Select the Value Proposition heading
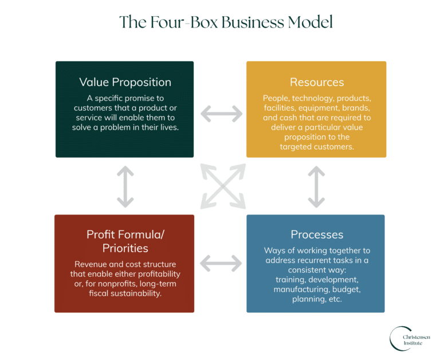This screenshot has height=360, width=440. pos(125,82)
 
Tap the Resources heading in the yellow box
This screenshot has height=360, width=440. pos(316,82)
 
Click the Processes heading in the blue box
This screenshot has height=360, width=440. pos(316,234)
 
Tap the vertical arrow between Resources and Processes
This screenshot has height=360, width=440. pos(317,187)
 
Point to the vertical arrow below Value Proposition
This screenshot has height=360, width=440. pos(125,187)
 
